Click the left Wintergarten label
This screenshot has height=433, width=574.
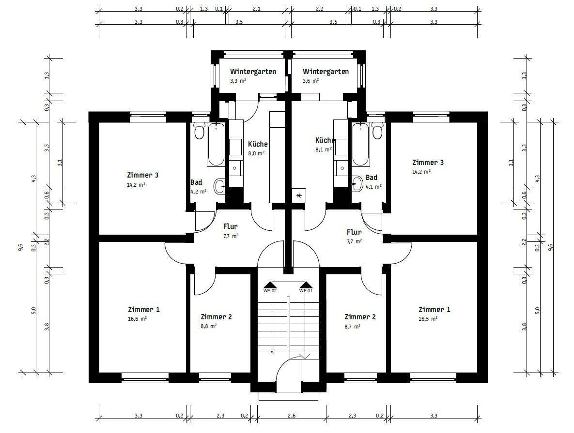pyautogui.click(x=253, y=71)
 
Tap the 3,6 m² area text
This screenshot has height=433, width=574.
pyautogui.click(x=311, y=81)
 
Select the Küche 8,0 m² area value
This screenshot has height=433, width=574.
pyautogui.click(x=256, y=153)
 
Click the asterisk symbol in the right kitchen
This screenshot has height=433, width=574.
pyautogui.click(x=299, y=195)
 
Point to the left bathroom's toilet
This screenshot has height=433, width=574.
pyautogui.click(x=199, y=131)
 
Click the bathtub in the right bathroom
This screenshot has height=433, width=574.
pyautogui.click(x=361, y=145)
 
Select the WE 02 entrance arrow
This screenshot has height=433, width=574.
pyautogui.click(x=270, y=285)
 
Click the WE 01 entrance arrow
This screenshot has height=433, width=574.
pyautogui.click(x=306, y=285)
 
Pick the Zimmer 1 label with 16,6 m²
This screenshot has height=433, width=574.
pyautogui.click(x=144, y=310)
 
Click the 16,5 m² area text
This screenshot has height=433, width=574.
pyautogui.click(x=428, y=318)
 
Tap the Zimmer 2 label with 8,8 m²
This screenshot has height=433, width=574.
pyautogui.click(x=217, y=317)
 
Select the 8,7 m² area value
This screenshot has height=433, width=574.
pyautogui.click(x=353, y=326)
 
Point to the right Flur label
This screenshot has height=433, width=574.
pyautogui.click(x=354, y=232)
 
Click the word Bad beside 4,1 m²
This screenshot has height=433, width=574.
pyautogui.click(x=371, y=178)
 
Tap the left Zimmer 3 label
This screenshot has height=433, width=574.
pyautogui.click(x=143, y=175)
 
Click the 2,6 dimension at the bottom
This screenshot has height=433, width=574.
pyautogui.click(x=292, y=416)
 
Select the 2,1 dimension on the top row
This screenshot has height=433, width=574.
pyautogui.click(x=257, y=9)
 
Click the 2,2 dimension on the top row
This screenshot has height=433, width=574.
pyautogui.click(x=320, y=9)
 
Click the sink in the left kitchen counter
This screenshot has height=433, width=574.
pyautogui.click(x=235, y=168)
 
